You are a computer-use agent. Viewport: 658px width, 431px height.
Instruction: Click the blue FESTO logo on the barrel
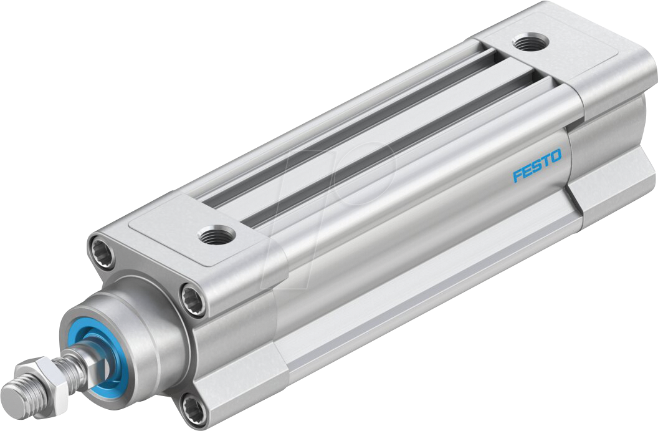click(536, 165)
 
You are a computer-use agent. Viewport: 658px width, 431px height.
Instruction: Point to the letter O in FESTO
click(555, 155)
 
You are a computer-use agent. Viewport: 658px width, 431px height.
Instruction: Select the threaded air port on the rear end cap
click(530, 43)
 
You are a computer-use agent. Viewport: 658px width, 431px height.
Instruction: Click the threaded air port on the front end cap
click(216, 235)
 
